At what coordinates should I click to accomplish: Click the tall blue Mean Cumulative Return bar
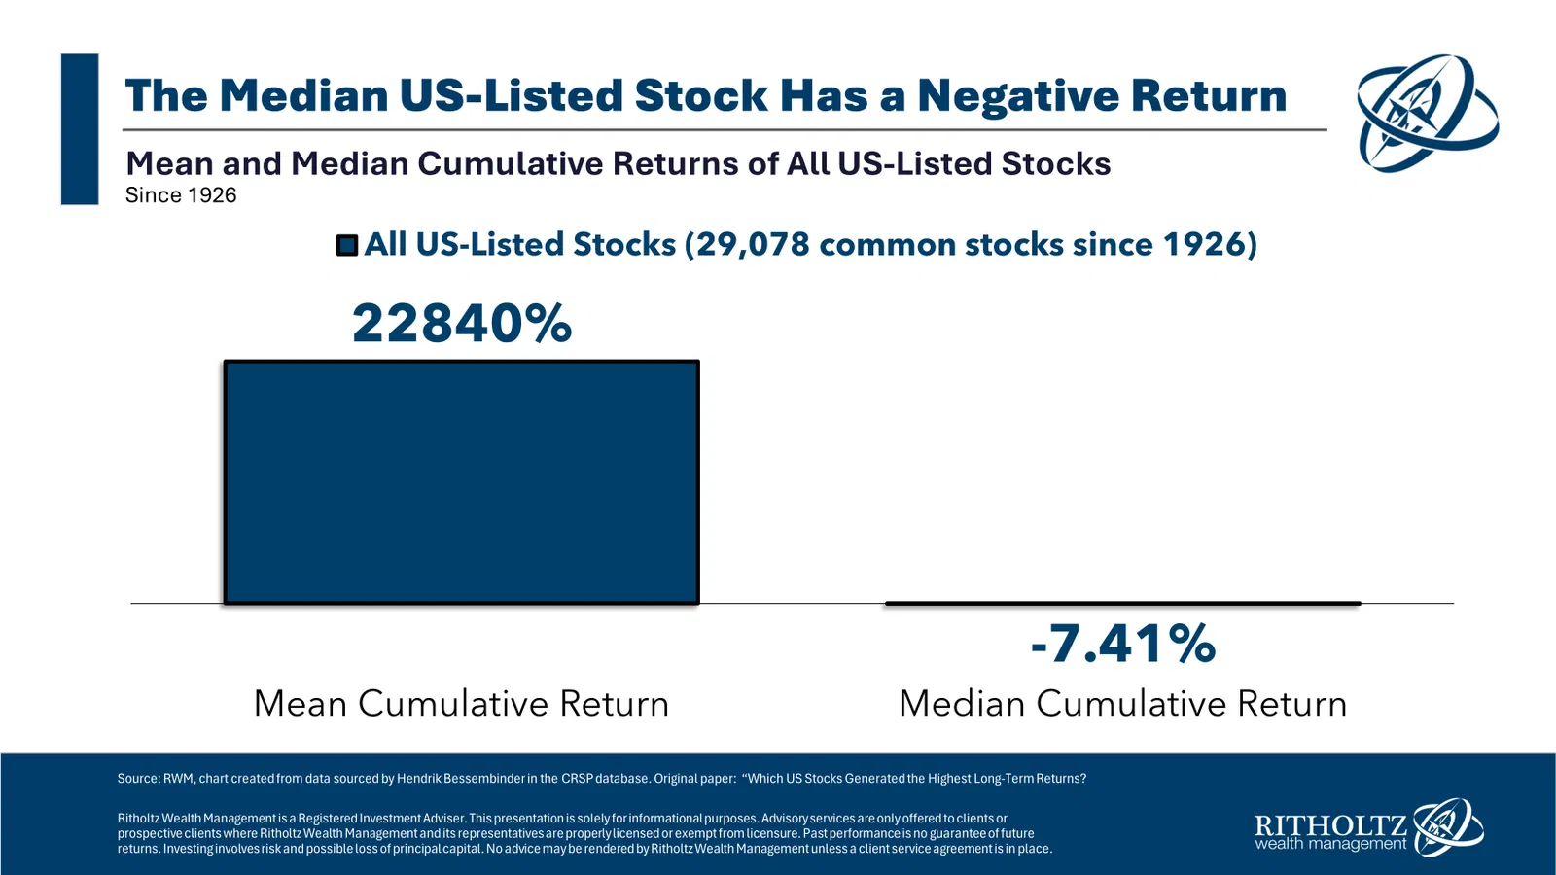[x=461, y=482]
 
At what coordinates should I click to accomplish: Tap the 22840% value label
[x=461, y=323]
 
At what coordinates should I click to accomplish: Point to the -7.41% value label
[x=1123, y=644]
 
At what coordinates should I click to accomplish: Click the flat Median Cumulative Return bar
[x=1122, y=604]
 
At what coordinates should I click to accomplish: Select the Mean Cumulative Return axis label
[x=461, y=703]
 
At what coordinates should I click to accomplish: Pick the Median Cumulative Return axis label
[x=1122, y=703]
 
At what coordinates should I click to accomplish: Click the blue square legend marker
[x=347, y=245]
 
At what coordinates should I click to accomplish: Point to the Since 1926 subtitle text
[x=181, y=195]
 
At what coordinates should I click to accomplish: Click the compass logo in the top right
[x=1427, y=112]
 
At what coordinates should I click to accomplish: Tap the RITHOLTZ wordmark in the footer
[x=1330, y=826]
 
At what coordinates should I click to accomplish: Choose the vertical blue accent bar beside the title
[x=80, y=129]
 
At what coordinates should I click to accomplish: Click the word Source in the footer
[x=138, y=779]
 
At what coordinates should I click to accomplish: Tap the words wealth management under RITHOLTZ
[x=1330, y=844]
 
